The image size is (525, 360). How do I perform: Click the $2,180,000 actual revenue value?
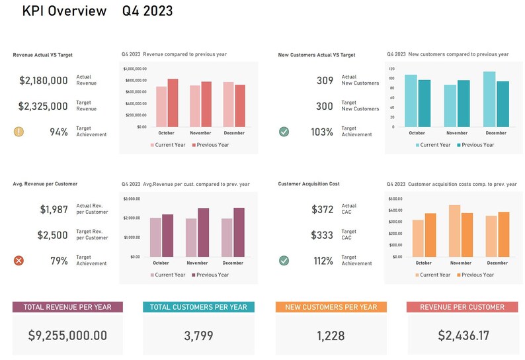(44, 81)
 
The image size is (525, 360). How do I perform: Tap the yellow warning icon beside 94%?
(19, 132)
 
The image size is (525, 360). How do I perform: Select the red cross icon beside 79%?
(19, 261)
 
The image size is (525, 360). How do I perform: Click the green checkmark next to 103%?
(284, 132)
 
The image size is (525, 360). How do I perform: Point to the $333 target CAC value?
(323, 235)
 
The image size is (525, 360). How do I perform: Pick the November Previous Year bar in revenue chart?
(206, 104)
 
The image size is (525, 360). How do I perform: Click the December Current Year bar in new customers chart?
(489, 99)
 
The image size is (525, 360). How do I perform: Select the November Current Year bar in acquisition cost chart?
(454, 231)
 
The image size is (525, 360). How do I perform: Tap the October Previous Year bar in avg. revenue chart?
(167, 236)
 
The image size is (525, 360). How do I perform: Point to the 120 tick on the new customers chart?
(391, 69)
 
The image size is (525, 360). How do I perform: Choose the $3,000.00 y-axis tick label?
(132, 199)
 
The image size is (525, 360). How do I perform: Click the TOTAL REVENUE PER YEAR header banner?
(67, 307)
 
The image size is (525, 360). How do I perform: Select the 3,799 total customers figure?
(198, 336)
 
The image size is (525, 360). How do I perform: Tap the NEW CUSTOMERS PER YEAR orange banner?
(331, 307)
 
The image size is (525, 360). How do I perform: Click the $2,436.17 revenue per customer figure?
(463, 336)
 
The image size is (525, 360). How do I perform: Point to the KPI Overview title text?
(64, 11)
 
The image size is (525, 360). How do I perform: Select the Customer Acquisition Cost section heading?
(309, 184)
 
